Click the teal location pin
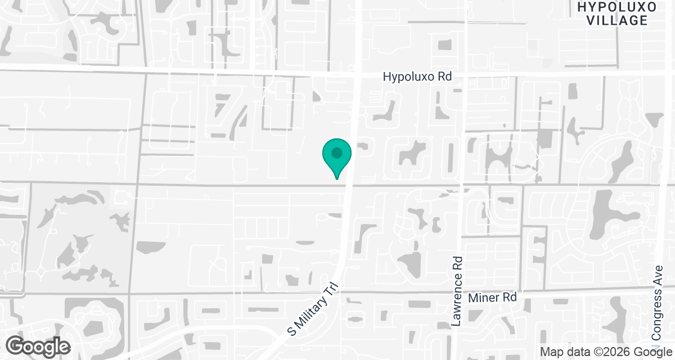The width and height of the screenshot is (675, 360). coord(337,156)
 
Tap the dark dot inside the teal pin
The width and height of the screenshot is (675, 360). coord(337,152)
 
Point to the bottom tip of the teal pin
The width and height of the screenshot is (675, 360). coord(337,179)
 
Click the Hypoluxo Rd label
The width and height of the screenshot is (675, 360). coord(417,76)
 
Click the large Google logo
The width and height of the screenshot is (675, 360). coord(38,346)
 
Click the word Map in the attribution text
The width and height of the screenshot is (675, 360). coord(551,352)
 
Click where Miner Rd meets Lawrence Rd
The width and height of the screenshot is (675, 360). coord(457,292)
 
